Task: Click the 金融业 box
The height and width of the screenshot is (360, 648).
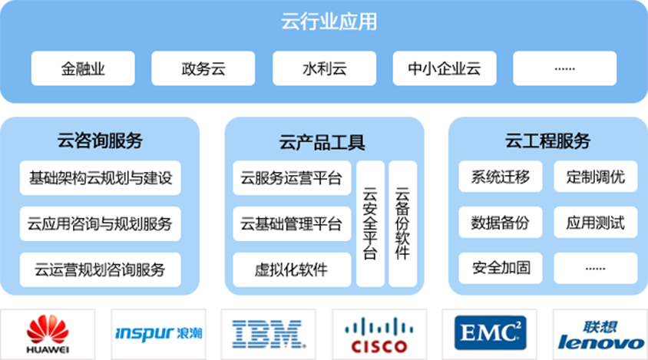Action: (x=83, y=69)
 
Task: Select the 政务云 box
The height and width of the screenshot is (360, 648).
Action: (x=203, y=69)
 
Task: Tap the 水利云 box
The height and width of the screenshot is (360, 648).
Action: (x=324, y=69)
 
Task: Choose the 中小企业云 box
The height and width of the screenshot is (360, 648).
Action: (x=445, y=69)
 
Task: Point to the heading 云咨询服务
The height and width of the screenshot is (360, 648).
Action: (x=100, y=140)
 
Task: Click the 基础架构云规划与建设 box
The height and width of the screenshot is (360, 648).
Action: (x=100, y=178)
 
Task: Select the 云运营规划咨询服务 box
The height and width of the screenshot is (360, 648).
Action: (x=100, y=269)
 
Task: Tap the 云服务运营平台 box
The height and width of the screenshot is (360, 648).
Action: (x=292, y=178)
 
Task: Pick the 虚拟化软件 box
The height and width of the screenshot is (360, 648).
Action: (x=292, y=269)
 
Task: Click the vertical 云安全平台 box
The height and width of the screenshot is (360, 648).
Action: (x=370, y=223)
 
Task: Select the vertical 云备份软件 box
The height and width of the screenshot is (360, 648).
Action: (x=402, y=223)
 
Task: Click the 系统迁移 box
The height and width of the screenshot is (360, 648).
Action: (x=500, y=177)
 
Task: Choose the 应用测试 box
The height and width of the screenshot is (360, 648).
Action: (x=595, y=223)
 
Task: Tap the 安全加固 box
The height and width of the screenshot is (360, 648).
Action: (x=500, y=269)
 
